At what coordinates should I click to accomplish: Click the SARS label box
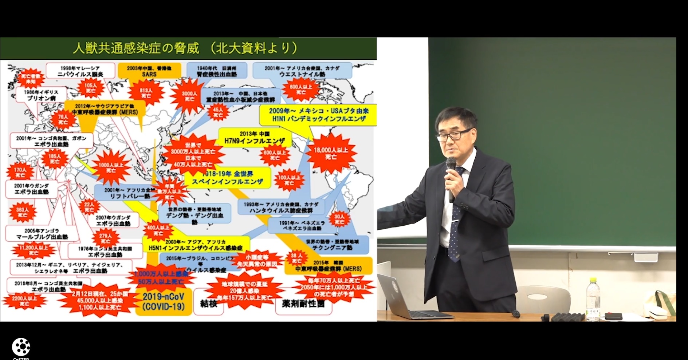click(x=149, y=71)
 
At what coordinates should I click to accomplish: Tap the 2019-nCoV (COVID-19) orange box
click(x=164, y=302)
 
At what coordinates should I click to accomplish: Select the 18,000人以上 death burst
click(x=331, y=153)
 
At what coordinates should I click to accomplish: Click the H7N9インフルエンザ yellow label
click(x=255, y=137)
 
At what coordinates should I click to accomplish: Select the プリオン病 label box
click(x=41, y=95)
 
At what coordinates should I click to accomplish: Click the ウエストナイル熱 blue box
click(x=302, y=71)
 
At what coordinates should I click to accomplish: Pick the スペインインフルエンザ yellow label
click(x=228, y=178)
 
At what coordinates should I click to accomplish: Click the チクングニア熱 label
click(x=332, y=245)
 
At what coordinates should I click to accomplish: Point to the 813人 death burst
click(x=146, y=93)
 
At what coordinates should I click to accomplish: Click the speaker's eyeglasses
click(x=453, y=135)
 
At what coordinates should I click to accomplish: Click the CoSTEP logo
click(x=21, y=347)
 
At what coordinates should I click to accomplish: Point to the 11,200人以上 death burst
click(x=34, y=250)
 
